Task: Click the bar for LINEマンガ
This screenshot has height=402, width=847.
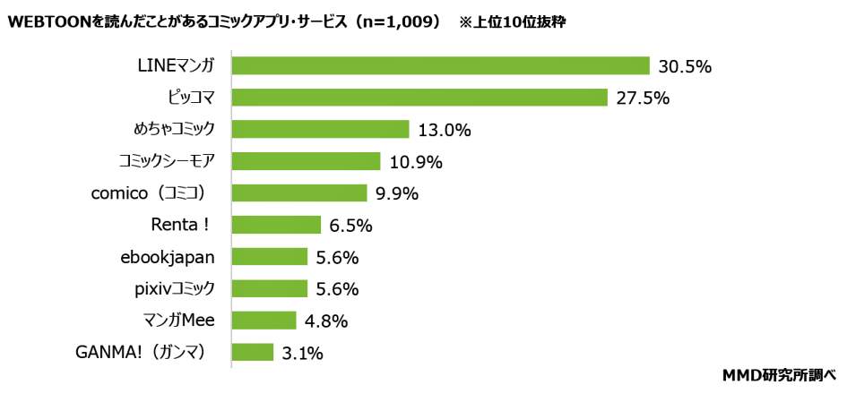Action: (440, 66)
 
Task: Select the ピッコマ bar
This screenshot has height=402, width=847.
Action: (419, 98)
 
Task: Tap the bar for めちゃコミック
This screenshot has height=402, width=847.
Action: (320, 130)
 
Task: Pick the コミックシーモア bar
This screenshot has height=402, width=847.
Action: (306, 161)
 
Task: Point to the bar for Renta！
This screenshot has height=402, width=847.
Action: (276, 225)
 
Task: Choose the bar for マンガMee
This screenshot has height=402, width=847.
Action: (264, 321)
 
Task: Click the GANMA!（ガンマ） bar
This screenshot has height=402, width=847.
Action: (252, 353)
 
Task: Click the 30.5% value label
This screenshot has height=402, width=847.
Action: (685, 66)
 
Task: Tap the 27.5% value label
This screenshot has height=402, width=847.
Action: (643, 98)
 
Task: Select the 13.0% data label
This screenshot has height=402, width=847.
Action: (445, 131)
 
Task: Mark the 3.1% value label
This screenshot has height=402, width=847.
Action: (302, 354)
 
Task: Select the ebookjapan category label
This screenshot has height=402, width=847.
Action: (168, 257)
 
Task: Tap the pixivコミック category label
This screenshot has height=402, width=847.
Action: (170, 289)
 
